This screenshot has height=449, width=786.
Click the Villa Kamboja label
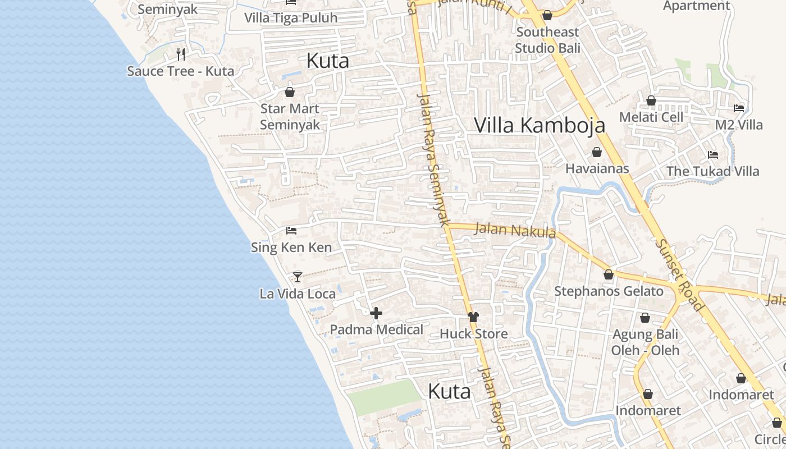pyautogui.click(x=540, y=125)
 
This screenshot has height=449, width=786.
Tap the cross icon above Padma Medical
pyautogui.click(x=376, y=313)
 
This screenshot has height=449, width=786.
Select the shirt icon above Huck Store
pyautogui.click(x=473, y=317)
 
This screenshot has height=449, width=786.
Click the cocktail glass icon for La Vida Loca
pyautogui.click(x=298, y=277)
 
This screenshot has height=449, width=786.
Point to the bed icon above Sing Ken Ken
pyautogui.click(x=291, y=230)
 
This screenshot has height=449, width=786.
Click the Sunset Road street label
pyautogui.click(x=679, y=275)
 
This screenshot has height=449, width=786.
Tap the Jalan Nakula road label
pyautogui.click(x=515, y=230)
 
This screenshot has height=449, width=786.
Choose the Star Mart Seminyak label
pyautogui.click(x=290, y=117)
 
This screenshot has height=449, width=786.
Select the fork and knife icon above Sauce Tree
pyautogui.click(x=181, y=54)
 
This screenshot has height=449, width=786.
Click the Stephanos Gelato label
pyautogui.click(x=609, y=291)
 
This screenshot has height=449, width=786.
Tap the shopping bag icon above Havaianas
pyautogui.click(x=596, y=152)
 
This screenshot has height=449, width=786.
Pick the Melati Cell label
pyautogui.click(x=651, y=117)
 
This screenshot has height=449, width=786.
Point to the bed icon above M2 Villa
pyautogui.click(x=739, y=108)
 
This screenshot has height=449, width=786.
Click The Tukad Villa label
pyautogui.click(x=712, y=171)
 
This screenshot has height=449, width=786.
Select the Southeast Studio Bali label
pyautogui.click(x=547, y=40)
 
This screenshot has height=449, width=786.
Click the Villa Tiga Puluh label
pyautogui.click(x=291, y=18)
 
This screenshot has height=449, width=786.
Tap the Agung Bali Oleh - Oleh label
pyautogui.click(x=645, y=342)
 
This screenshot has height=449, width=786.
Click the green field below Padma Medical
pyautogui.click(x=384, y=396)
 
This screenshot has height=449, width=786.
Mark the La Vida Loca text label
pyautogui.click(x=298, y=294)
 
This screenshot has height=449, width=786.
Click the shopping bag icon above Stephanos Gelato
pyautogui.click(x=609, y=274)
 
